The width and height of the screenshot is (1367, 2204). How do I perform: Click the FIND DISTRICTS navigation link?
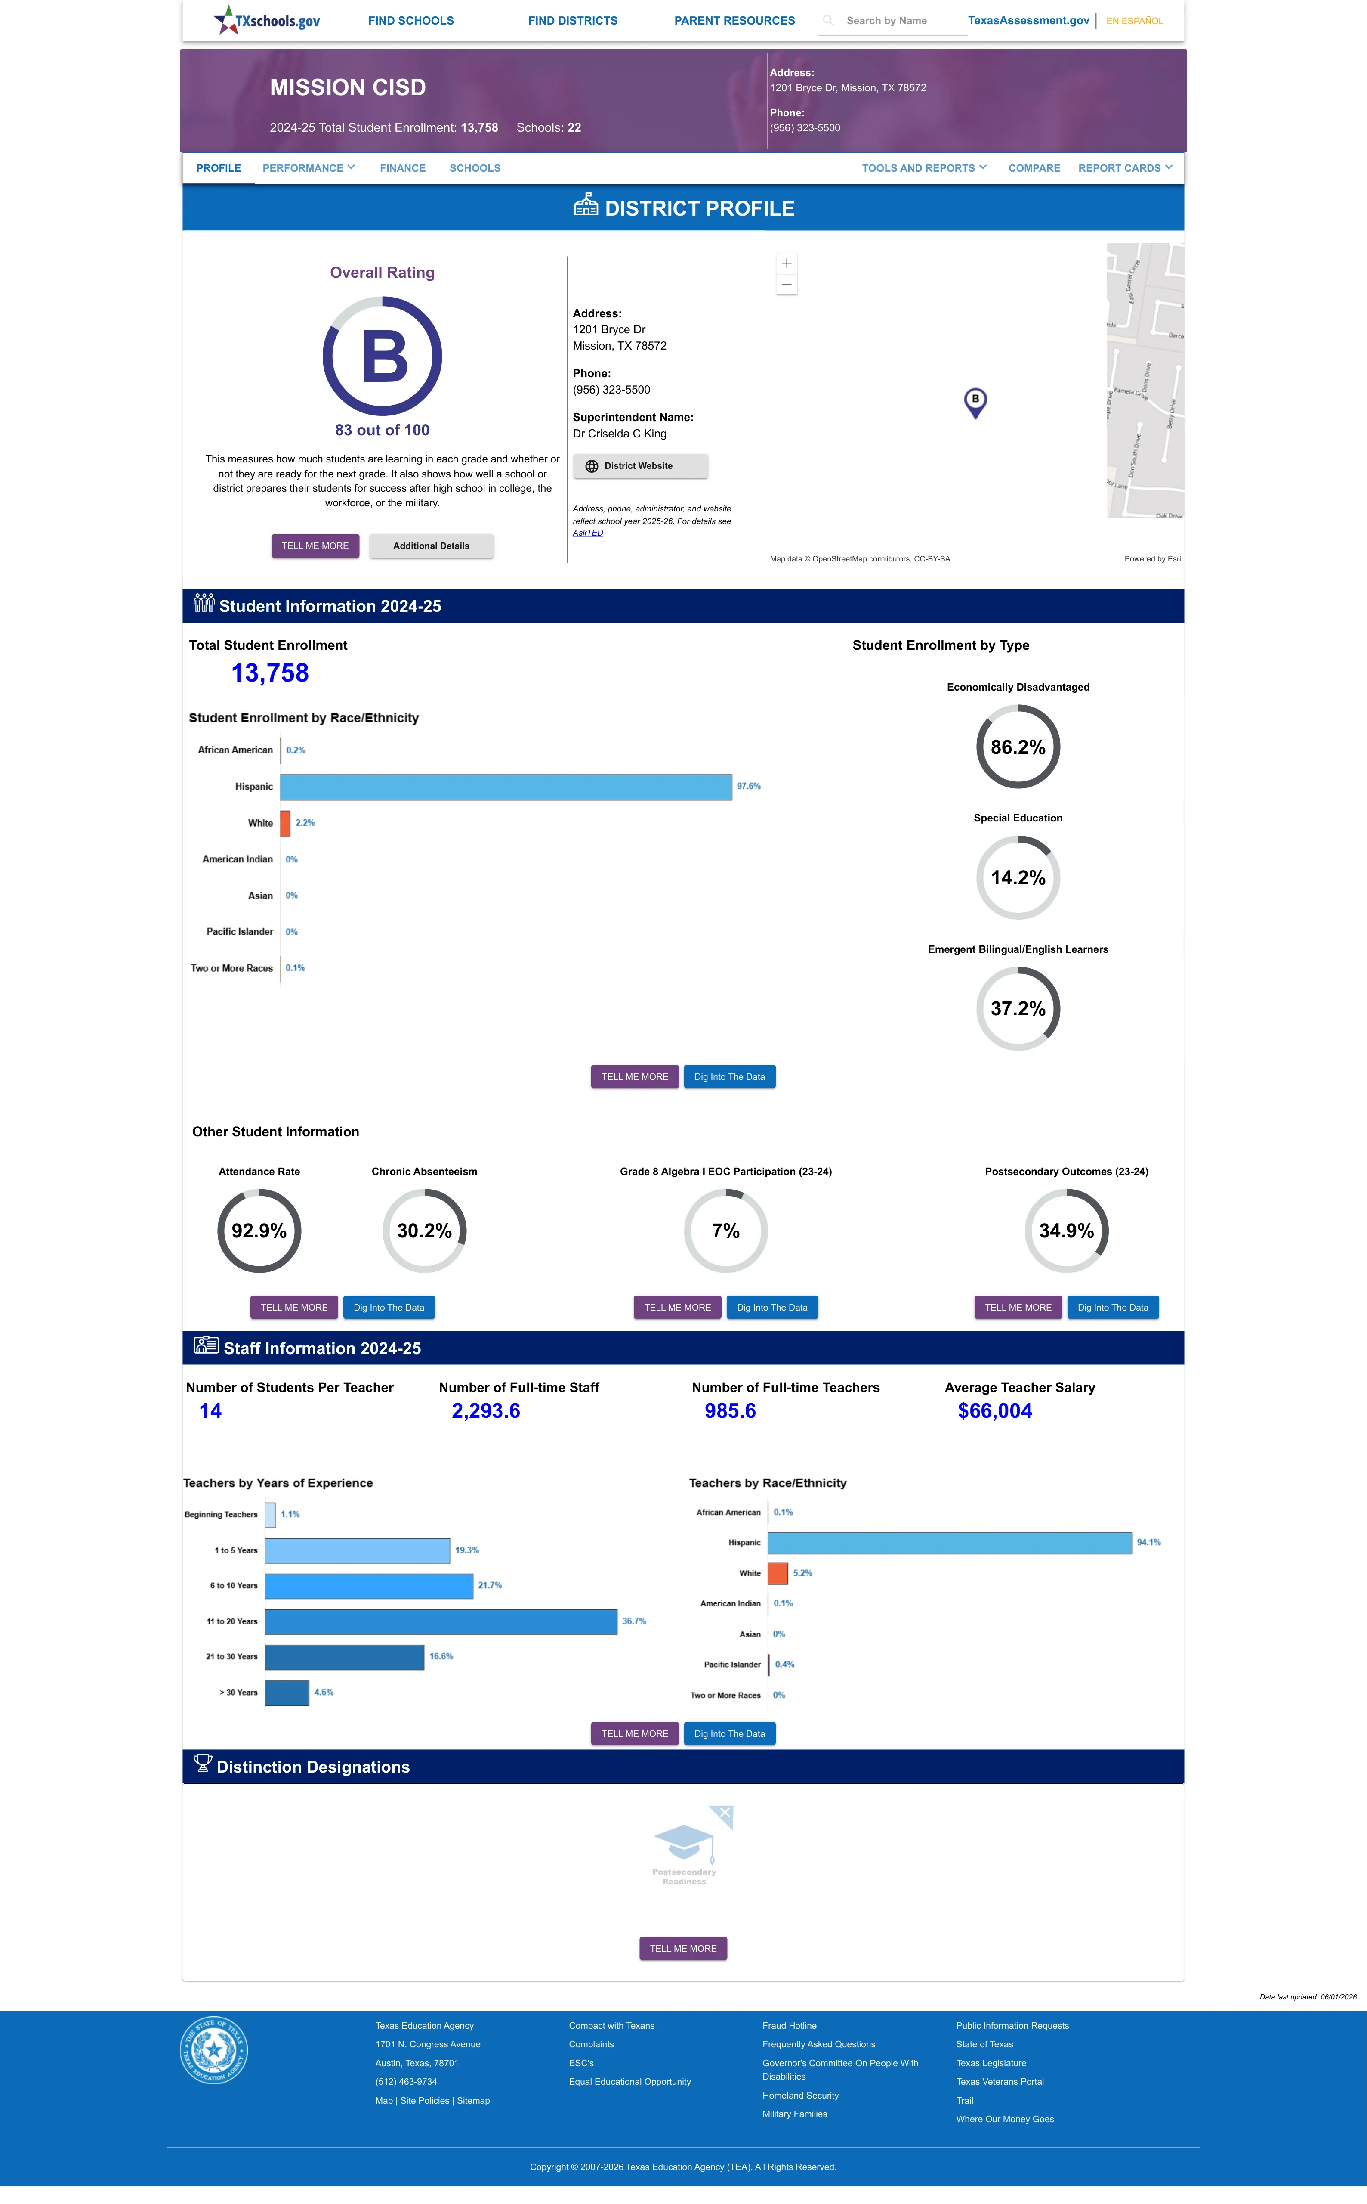tap(572, 21)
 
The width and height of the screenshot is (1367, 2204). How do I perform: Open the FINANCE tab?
tap(402, 168)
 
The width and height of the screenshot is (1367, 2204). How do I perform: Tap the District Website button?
tap(640, 466)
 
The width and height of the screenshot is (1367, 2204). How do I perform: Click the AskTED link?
tap(588, 533)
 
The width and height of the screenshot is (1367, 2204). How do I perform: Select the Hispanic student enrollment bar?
tap(506, 787)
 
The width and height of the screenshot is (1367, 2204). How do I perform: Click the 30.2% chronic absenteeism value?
tap(424, 1231)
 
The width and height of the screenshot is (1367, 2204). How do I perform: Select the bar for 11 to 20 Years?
tap(441, 1621)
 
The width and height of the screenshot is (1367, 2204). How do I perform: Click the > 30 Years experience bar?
tap(287, 1692)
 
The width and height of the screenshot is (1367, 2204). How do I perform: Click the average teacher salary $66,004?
tap(994, 1411)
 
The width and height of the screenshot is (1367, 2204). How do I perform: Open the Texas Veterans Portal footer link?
tap(1000, 2082)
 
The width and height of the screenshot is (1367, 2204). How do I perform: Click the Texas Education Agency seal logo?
tap(213, 2049)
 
